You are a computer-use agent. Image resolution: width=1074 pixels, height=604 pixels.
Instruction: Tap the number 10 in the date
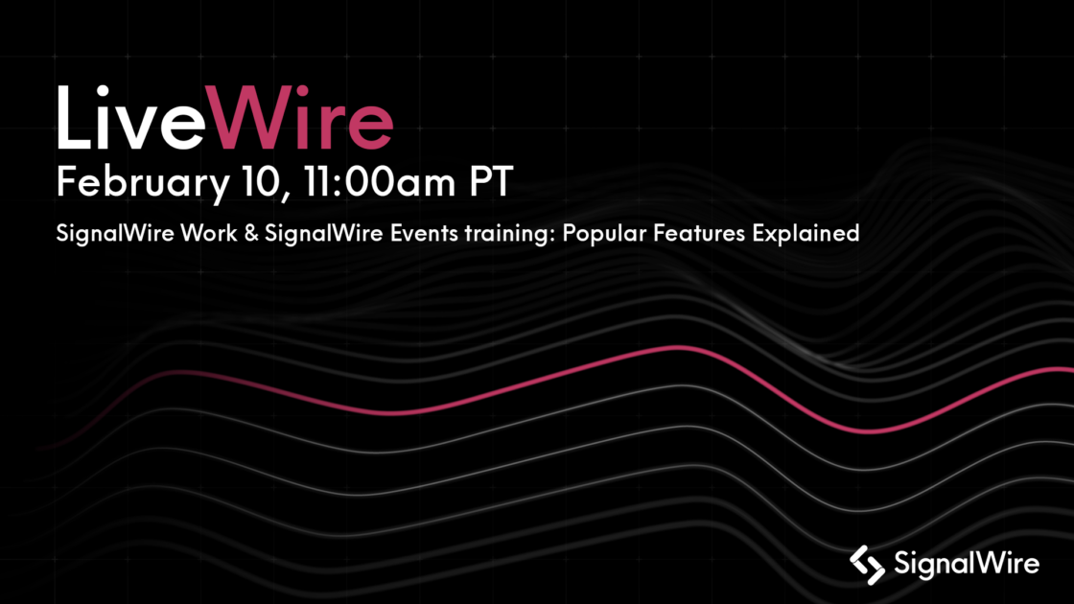click(x=253, y=182)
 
